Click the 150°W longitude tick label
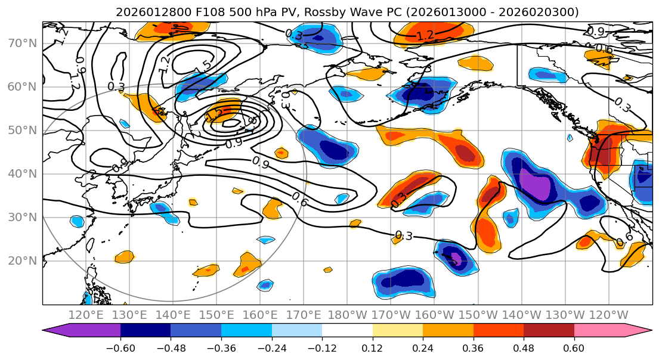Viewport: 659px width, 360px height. pyautogui.click(x=478, y=315)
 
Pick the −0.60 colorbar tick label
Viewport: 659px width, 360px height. pyautogui.click(x=120, y=347)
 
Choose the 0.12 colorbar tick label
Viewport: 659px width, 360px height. pyautogui.click(x=372, y=347)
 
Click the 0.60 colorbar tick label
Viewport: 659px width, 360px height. pyautogui.click(x=574, y=347)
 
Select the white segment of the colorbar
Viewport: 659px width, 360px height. pyautogui.click(x=347, y=331)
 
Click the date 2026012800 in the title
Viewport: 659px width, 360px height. pyautogui.click(x=148, y=12)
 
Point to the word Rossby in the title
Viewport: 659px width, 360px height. pyautogui.click(x=304, y=12)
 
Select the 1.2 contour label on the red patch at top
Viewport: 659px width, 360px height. pyautogui.click(x=425, y=36)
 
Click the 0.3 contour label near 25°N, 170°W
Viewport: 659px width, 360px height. pyautogui.click(x=404, y=236)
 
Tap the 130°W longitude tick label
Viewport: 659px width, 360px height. pyautogui.click(x=565, y=315)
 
